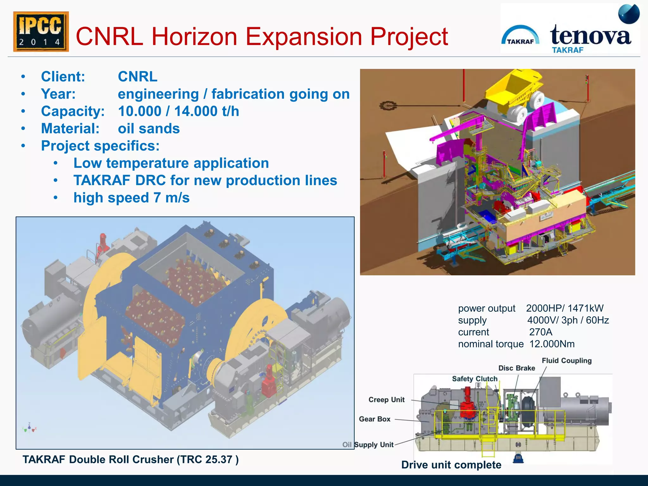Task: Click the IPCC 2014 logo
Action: click(41, 32)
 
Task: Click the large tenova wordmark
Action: click(590, 35)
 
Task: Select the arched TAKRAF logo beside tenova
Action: click(520, 36)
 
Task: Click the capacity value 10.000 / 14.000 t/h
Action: click(178, 111)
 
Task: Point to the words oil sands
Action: click(149, 129)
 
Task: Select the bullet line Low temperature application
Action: click(171, 163)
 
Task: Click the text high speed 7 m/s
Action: click(131, 198)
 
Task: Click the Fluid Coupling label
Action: click(566, 361)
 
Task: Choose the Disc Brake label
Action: click(516, 368)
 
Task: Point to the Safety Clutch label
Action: click(475, 379)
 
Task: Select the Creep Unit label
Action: click(386, 400)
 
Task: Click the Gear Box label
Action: click(375, 419)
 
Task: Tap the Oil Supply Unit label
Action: click(368, 445)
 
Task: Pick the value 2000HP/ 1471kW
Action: click(564, 308)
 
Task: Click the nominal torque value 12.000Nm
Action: click(552, 344)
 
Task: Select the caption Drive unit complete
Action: click(451, 465)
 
